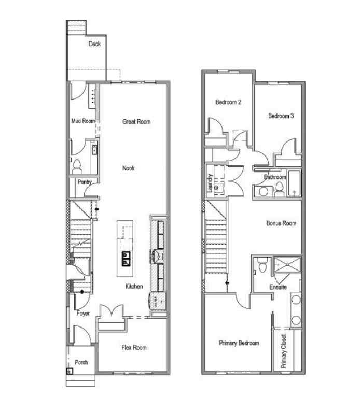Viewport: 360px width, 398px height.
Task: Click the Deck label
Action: (94, 44)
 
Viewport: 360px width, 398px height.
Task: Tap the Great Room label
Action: (136, 122)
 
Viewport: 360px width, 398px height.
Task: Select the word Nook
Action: (129, 168)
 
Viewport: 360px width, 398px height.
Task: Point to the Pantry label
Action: (85, 182)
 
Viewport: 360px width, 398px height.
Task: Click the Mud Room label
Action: (83, 121)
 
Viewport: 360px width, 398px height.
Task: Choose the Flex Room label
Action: (134, 348)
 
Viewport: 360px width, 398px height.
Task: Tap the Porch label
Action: (81, 362)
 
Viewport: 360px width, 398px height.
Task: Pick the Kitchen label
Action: (134, 287)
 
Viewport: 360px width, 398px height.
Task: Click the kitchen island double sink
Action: (126, 257)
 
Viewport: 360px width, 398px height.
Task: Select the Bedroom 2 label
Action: (228, 102)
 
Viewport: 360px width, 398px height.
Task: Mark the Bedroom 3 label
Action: (281, 116)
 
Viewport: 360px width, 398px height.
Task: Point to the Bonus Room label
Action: (281, 223)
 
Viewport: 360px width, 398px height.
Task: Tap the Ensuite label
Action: (278, 286)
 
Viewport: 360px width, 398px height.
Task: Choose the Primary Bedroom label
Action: (239, 343)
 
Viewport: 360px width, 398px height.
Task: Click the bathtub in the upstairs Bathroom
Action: (294, 184)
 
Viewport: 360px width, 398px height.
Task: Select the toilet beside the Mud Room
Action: (78, 166)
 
